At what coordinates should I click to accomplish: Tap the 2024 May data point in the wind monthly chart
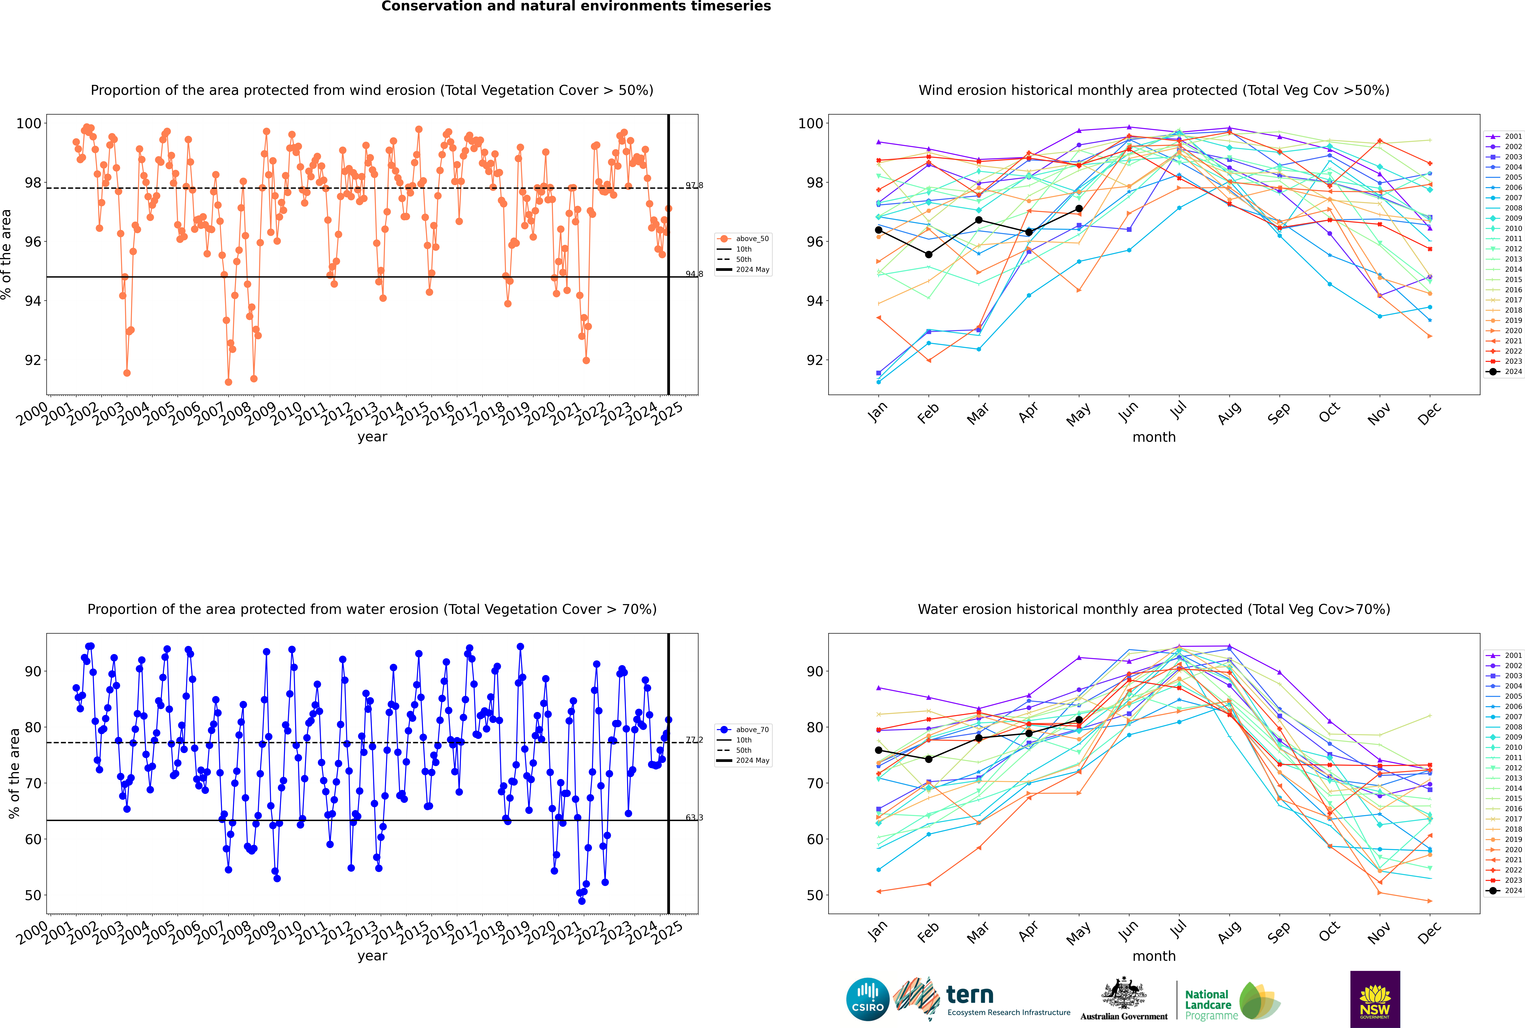1079,208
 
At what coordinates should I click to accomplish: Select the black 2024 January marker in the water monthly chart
879,750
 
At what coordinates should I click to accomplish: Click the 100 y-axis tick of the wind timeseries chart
29,123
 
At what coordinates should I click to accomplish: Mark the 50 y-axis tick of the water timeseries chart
33,895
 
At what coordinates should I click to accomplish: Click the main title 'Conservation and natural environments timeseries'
576,7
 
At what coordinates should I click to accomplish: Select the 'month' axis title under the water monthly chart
1154,956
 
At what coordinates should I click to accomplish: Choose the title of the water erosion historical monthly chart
1154,609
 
